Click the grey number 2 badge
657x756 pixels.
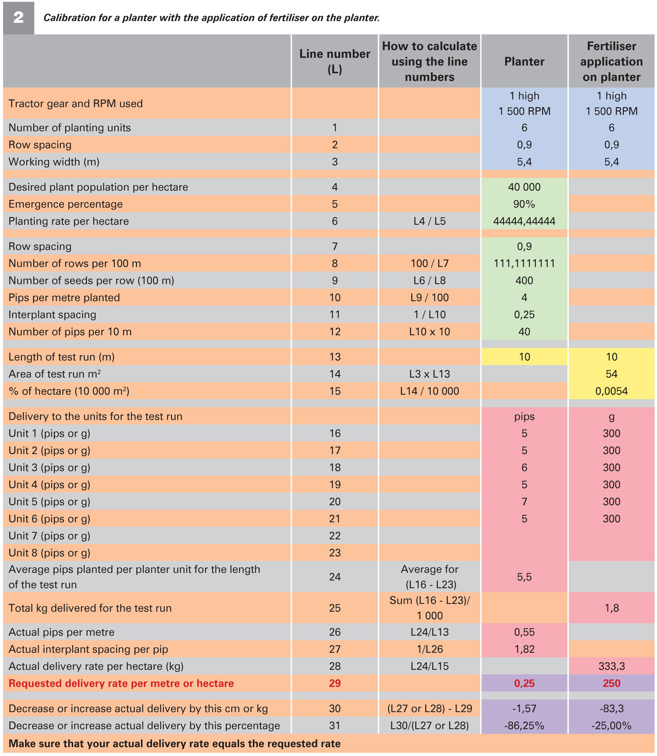click(x=18, y=18)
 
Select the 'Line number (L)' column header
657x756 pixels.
click(x=335, y=61)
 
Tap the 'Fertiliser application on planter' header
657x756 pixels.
click(x=611, y=61)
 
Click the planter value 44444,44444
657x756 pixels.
click(x=524, y=221)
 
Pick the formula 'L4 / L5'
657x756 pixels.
click(x=429, y=221)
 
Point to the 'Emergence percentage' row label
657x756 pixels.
click(x=66, y=204)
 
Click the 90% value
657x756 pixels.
click(x=524, y=204)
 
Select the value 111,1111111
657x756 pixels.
click(x=524, y=263)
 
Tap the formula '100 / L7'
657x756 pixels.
click(x=429, y=263)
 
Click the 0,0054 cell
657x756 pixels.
click(x=611, y=391)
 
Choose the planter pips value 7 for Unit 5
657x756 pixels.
click(x=524, y=502)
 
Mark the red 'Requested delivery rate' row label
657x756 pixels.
click(x=121, y=683)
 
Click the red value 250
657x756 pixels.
click(x=611, y=683)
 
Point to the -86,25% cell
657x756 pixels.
click(x=524, y=726)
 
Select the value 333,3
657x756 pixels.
click(x=611, y=667)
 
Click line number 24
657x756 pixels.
click(x=335, y=577)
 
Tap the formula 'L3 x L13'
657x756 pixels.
click(x=429, y=374)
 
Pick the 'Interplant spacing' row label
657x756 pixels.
click(x=53, y=315)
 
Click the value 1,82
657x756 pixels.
click(x=524, y=650)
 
